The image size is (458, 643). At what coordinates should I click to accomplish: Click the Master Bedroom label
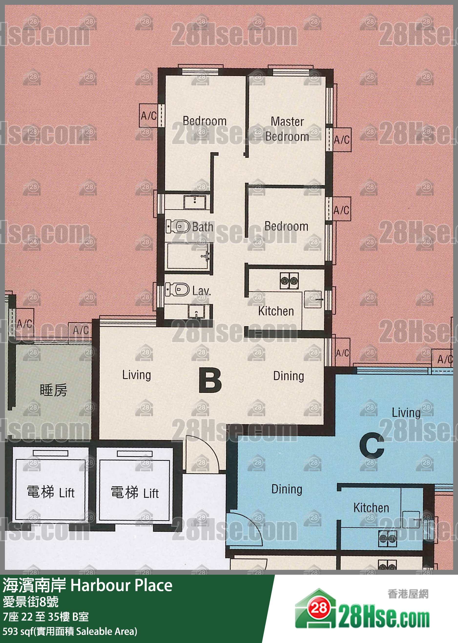click(287, 129)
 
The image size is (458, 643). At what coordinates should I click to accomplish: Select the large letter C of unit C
click(372, 445)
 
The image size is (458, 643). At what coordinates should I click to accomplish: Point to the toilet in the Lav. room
click(177, 289)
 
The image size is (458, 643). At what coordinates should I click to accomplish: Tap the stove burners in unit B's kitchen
click(289, 281)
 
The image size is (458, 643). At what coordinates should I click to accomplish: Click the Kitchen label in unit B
click(276, 311)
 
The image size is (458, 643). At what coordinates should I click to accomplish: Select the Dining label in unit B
click(289, 376)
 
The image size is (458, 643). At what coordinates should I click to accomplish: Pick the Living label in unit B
click(136, 375)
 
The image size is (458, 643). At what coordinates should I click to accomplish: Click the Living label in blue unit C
click(406, 413)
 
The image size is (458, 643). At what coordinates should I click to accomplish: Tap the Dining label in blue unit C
click(287, 489)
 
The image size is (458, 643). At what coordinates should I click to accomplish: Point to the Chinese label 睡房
click(53, 390)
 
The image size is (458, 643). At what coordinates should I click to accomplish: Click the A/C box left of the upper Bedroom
click(148, 116)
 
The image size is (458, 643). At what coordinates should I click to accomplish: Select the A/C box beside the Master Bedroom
click(342, 140)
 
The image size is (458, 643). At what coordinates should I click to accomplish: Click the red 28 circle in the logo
click(319, 608)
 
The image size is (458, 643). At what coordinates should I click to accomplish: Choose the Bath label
click(202, 227)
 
